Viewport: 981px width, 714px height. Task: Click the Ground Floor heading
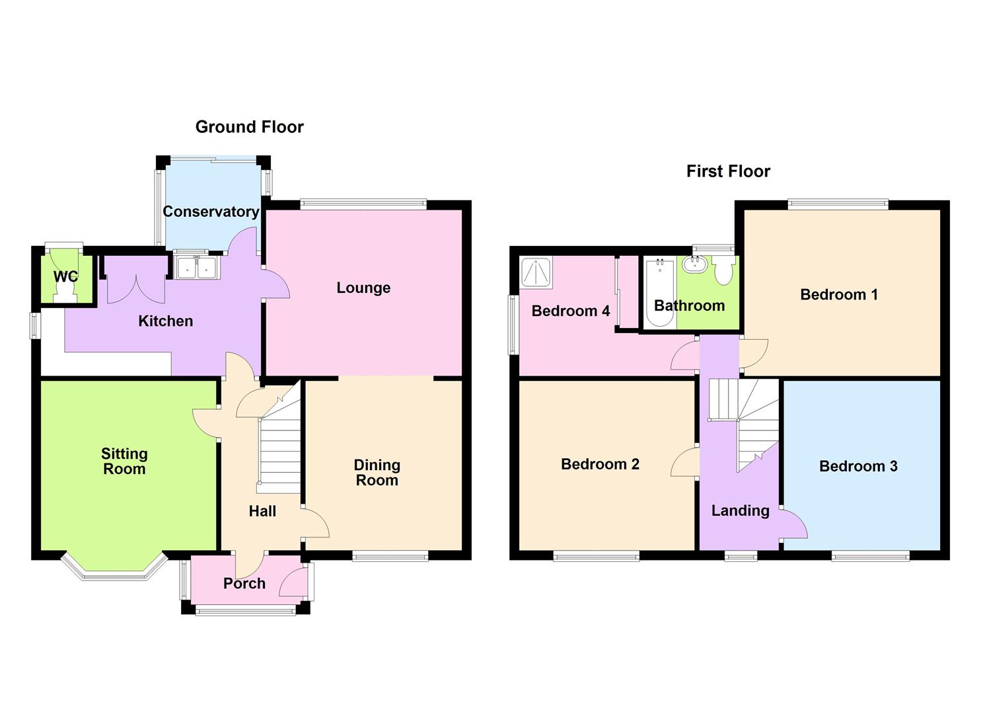point(249,127)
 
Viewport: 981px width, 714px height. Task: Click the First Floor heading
point(728,171)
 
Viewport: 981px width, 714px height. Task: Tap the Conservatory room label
point(211,212)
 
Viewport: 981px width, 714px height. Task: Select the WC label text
point(65,276)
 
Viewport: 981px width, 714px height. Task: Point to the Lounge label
point(363,288)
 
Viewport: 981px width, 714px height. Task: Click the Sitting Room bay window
point(113,571)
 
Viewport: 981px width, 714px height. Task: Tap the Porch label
point(244,583)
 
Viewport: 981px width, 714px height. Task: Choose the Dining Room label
point(377,473)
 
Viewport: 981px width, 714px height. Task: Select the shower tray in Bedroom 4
point(536,272)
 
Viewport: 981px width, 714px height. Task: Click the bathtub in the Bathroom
point(659,294)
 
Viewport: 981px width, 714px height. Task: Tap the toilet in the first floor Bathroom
point(724,270)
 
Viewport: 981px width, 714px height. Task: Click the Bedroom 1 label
point(838,294)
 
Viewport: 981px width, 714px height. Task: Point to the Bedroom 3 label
point(857,466)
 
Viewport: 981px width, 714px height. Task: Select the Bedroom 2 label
point(600,464)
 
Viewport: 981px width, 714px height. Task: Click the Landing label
point(740,510)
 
